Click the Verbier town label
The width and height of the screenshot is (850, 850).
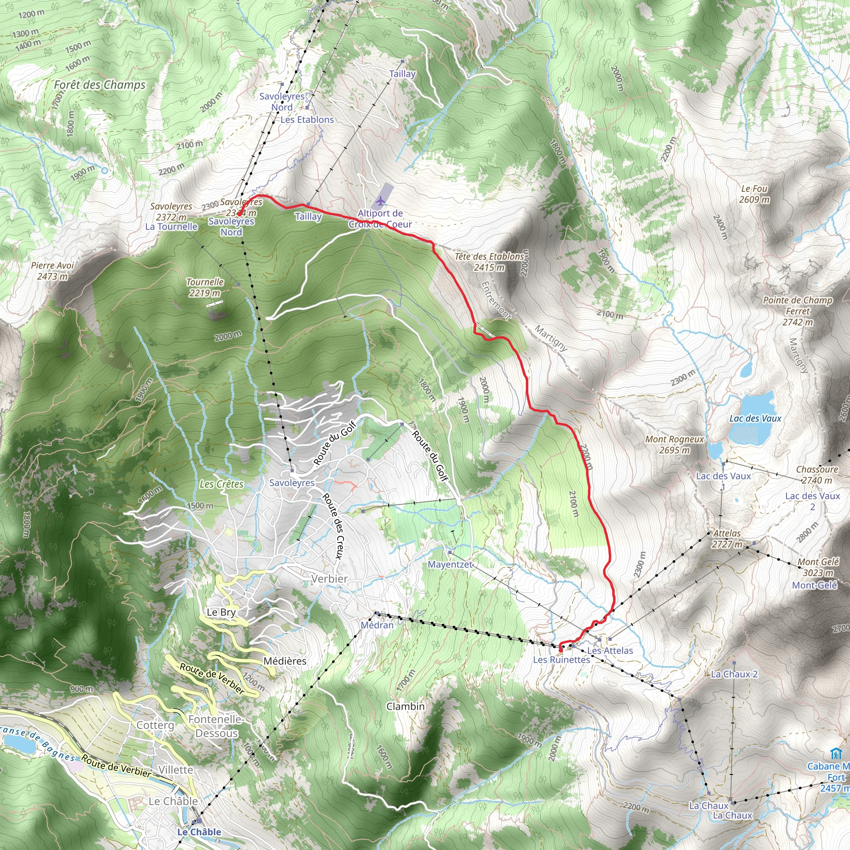329,579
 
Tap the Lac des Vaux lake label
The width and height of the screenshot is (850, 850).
755,418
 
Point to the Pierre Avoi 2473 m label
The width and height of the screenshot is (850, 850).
52,271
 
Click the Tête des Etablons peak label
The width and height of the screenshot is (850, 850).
489,262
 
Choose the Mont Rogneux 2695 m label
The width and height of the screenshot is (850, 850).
674,445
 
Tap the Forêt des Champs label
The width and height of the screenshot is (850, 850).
100,85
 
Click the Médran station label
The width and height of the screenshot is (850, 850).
377,625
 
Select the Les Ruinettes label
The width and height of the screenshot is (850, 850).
562,659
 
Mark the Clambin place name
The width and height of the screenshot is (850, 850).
405,706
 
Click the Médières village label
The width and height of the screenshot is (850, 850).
285,661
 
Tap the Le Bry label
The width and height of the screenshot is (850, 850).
221,612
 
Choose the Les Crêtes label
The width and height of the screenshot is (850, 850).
221,484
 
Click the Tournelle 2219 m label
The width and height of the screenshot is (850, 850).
205,287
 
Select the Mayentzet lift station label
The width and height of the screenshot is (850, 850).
450,564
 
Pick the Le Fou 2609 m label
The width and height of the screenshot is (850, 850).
754,194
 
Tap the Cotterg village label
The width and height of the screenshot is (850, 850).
155,725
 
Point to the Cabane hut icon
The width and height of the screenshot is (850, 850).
834,754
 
